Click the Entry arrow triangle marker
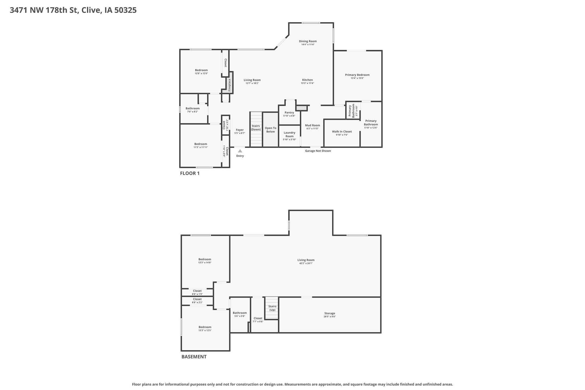(240, 151)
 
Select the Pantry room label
(289, 113)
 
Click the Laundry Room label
(290, 134)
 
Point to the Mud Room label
(312, 125)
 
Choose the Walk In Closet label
(342, 131)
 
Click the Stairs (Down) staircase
(256, 129)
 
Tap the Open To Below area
(270, 130)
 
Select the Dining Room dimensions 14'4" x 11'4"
(308, 44)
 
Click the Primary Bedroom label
(357, 75)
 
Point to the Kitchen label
(307, 80)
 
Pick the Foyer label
(240, 130)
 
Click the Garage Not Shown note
(318, 151)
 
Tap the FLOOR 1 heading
(190, 173)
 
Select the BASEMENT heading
(194, 357)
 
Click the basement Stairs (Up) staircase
(272, 308)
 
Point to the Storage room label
(330, 313)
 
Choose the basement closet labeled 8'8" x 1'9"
(197, 292)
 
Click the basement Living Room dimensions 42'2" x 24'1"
(306, 263)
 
